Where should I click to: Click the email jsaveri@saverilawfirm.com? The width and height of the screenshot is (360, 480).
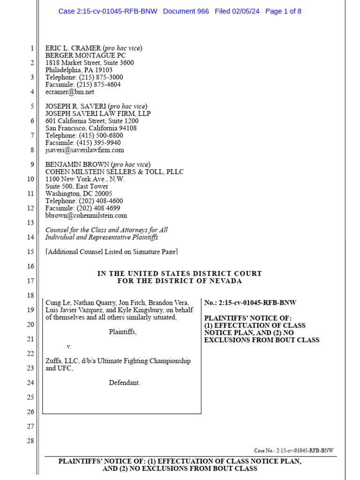[85, 150]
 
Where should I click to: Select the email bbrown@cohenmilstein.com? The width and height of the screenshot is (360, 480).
[86, 216]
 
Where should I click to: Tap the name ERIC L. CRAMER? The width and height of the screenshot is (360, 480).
[73, 48]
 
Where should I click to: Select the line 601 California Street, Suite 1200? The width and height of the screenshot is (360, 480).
[92, 121]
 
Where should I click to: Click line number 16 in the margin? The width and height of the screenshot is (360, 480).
[31, 266]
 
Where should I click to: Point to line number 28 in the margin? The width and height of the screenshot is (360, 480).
[31, 441]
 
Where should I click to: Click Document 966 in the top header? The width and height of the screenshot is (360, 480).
[186, 11]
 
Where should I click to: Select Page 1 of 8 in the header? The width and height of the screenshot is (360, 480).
[283, 11]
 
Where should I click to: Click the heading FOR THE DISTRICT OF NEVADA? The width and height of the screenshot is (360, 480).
[180, 281]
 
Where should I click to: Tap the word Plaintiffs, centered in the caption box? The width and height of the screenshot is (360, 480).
[123, 332]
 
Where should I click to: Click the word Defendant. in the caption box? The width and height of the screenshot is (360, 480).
[125, 382]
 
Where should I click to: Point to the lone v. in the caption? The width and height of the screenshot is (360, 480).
[69, 346]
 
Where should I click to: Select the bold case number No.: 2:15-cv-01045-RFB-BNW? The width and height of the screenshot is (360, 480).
[250, 303]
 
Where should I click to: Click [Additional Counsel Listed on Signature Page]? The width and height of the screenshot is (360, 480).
[112, 252]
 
